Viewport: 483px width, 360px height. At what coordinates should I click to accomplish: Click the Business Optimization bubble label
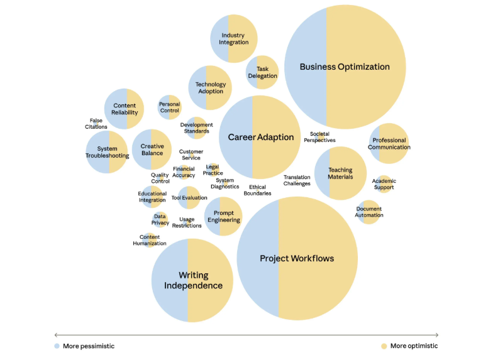345,67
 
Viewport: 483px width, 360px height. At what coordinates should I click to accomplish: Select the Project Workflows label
297,258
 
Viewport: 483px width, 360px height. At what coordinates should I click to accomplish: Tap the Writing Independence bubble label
193,280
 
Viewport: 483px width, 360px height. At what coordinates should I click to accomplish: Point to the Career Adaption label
260,137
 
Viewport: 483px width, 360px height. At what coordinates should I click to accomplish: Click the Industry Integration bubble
234,38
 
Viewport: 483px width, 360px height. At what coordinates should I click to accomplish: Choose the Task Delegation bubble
262,72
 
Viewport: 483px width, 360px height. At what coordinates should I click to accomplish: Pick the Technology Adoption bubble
210,87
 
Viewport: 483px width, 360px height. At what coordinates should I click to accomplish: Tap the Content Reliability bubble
125,109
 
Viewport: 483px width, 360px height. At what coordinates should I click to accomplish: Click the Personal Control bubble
169,107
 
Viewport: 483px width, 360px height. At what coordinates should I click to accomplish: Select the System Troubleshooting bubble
108,152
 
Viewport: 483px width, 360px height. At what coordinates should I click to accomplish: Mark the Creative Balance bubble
152,150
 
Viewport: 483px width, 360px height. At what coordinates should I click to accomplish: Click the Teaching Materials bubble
340,173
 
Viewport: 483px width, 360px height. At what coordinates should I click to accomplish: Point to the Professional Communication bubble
388,144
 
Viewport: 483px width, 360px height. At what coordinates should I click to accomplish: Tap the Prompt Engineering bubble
223,216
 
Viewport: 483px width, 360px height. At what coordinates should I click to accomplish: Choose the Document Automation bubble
369,212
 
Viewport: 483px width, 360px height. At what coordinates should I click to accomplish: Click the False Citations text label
96,123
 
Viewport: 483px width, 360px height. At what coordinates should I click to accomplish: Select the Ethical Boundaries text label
257,190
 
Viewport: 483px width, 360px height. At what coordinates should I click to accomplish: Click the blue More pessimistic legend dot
57,346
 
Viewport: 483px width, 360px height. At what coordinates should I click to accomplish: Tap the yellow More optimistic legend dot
384,346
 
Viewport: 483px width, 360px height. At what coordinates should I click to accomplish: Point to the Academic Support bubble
384,184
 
